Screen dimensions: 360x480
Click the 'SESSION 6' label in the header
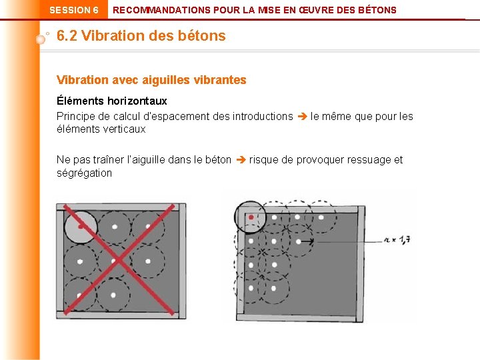[74, 10]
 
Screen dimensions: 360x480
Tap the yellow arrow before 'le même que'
[301, 117]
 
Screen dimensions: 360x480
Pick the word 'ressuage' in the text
[370, 160]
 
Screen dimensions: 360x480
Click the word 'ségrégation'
[85, 173]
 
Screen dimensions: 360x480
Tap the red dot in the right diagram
[251, 217]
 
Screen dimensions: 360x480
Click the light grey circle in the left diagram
[80, 227]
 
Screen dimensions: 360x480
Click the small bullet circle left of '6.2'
[41, 39]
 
